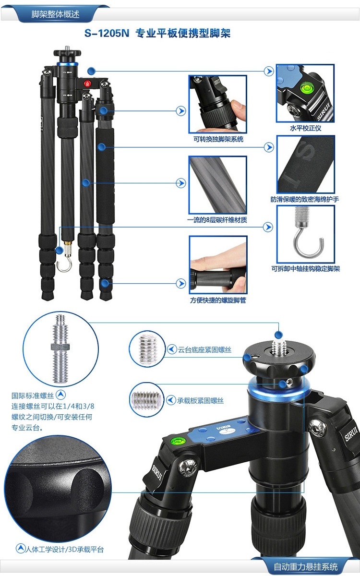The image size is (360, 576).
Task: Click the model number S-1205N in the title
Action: (x=107, y=33)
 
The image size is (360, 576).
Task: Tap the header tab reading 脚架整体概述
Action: (x=55, y=14)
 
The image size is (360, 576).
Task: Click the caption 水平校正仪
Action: (x=305, y=128)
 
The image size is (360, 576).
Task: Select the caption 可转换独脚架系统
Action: (x=218, y=139)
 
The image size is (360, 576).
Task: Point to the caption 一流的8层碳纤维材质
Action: (x=217, y=220)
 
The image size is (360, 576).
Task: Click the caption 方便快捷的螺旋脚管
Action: (x=218, y=300)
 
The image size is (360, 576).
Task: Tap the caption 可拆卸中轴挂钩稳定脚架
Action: (x=306, y=269)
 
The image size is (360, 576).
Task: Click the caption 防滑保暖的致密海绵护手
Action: (x=305, y=199)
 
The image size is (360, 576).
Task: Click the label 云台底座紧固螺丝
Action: (x=204, y=349)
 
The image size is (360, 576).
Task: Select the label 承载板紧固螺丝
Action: (x=200, y=400)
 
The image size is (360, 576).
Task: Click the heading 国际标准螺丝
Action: (x=33, y=396)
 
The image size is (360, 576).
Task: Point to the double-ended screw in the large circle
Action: (x=60, y=348)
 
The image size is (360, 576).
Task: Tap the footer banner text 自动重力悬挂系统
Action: (x=305, y=566)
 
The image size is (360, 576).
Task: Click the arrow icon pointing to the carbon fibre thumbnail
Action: (x=181, y=183)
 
